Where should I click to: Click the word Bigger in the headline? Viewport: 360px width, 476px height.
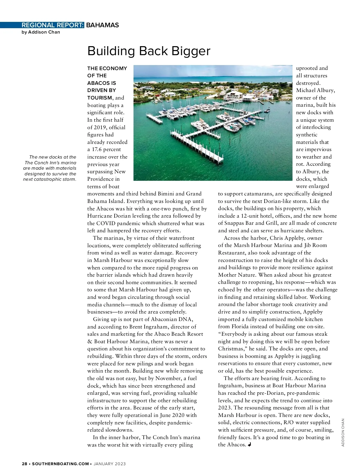point(191,51)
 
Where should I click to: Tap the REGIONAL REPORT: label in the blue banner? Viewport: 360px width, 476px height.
point(52,25)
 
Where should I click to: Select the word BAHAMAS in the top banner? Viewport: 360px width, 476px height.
point(102,25)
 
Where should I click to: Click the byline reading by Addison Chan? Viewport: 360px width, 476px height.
point(41,32)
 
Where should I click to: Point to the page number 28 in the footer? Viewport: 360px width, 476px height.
point(25,464)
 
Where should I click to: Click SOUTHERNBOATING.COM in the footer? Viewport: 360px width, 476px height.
point(60,464)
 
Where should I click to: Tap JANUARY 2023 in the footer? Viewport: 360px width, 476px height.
point(110,464)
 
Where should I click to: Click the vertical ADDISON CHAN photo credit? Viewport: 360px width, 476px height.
point(343,432)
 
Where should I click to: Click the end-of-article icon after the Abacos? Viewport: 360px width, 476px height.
point(250,445)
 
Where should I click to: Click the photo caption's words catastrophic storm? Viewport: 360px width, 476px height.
point(56,179)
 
